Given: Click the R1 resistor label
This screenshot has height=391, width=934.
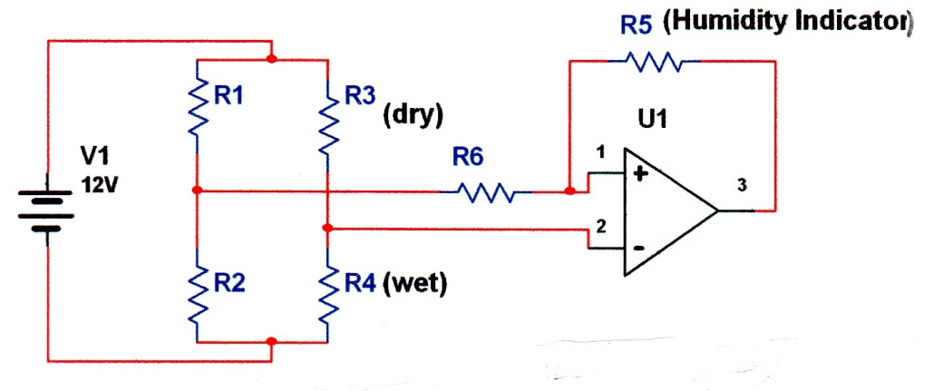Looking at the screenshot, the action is pyautogui.click(x=229, y=95).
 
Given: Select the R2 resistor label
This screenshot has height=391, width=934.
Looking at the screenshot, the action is pyautogui.click(x=229, y=284).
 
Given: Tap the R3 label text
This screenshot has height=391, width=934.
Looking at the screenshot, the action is pyautogui.click(x=359, y=95).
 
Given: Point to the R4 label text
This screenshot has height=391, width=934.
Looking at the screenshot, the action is pyautogui.click(x=359, y=284).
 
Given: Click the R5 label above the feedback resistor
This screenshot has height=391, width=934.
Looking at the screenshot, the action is pyautogui.click(x=637, y=25).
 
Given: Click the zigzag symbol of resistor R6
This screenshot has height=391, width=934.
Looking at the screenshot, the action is pyautogui.click(x=486, y=192).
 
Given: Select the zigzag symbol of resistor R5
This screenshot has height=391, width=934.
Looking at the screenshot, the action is pyautogui.click(x=655, y=61).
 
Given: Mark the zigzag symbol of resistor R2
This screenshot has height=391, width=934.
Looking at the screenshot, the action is pyautogui.click(x=197, y=297).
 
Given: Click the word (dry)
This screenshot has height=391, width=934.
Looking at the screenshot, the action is pyautogui.click(x=413, y=115).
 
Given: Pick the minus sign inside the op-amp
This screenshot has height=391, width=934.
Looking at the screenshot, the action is pyautogui.click(x=638, y=249).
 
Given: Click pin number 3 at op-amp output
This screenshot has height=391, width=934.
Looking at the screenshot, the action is pyautogui.click(x=742, y=185).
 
